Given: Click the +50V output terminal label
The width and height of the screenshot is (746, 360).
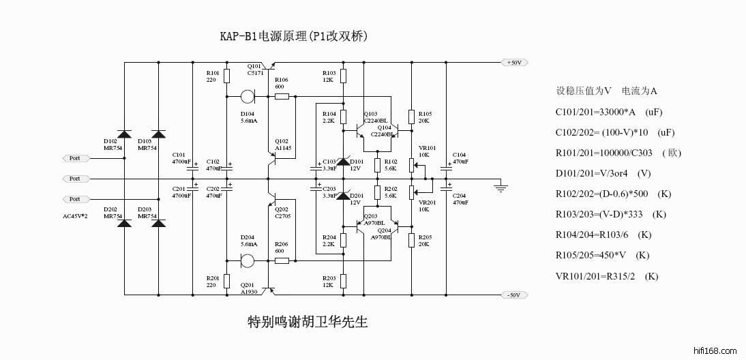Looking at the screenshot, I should pyautogui.click(x=513, y=63).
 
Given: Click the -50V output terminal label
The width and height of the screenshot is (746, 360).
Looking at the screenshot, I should pyautogui.click(x=513, y=295).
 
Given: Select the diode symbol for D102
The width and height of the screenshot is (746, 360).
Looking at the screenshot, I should pyautogui.click(x=124, y=134).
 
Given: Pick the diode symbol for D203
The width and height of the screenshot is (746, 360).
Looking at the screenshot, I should pyautogui.click(x=159, y=222).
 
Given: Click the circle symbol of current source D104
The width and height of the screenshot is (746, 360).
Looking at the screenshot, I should pyautogui.click(x=248, y=97).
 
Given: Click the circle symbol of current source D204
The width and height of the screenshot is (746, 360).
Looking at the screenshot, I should pyautogui.click(x=248, y=261).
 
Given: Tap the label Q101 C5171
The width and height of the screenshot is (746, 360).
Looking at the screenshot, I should pyautogui.click(x=255, y=70).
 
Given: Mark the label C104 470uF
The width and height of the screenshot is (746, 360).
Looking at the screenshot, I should pyautogui.click(x=460, y=157).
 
